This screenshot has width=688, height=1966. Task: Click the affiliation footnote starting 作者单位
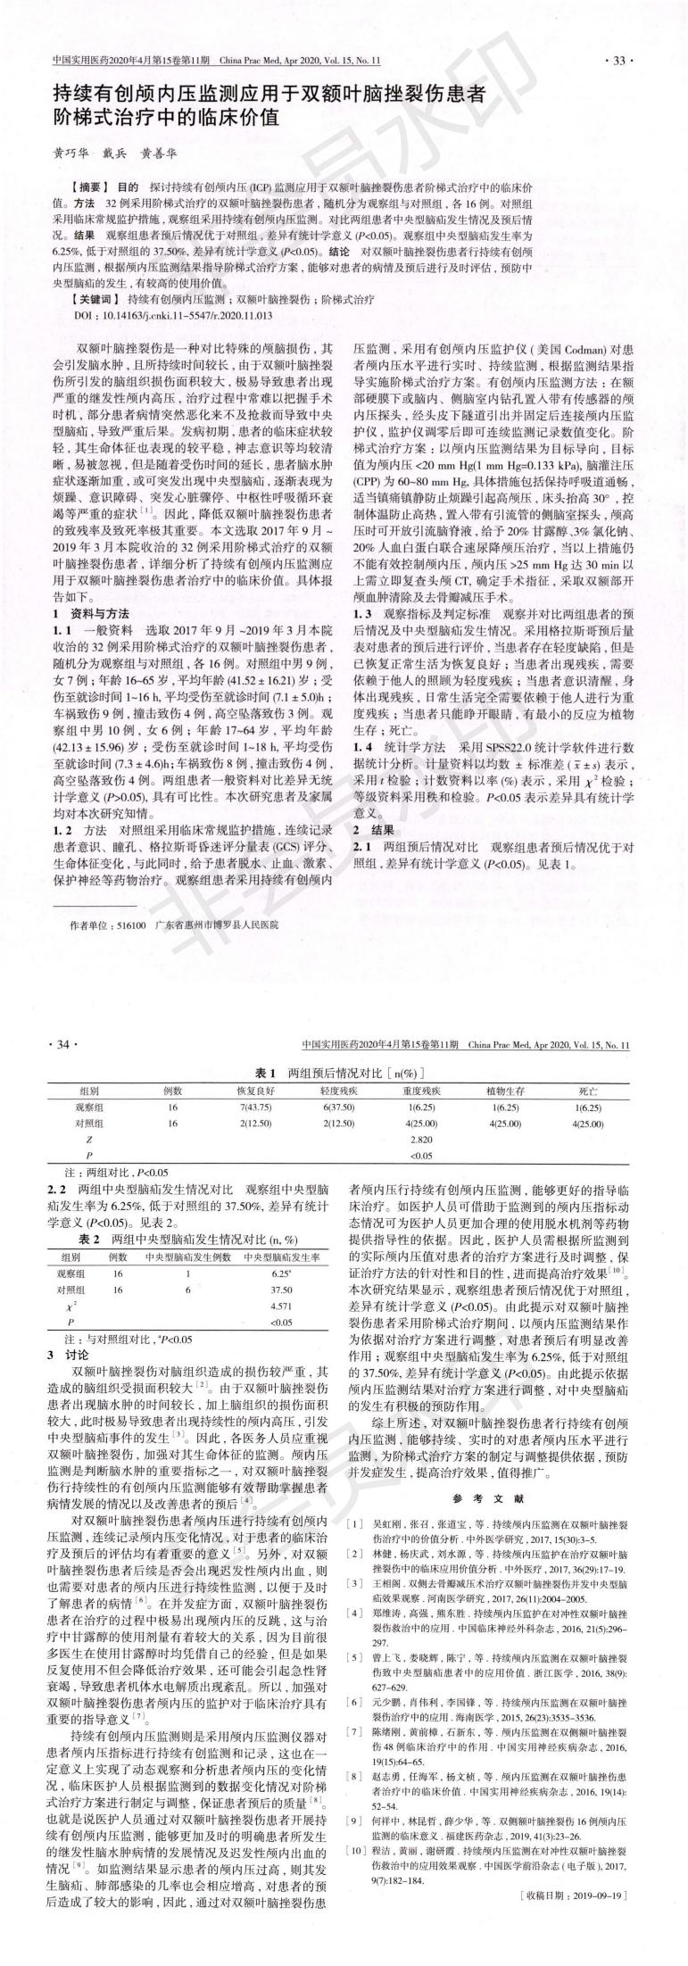(178, 926)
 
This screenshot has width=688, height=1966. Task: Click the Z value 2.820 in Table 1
(419, 1141)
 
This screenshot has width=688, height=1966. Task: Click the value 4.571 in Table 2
(281, 1305)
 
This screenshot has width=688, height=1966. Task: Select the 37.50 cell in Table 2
(281, 1290)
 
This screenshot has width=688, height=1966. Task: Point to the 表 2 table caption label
(87, 1240)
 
